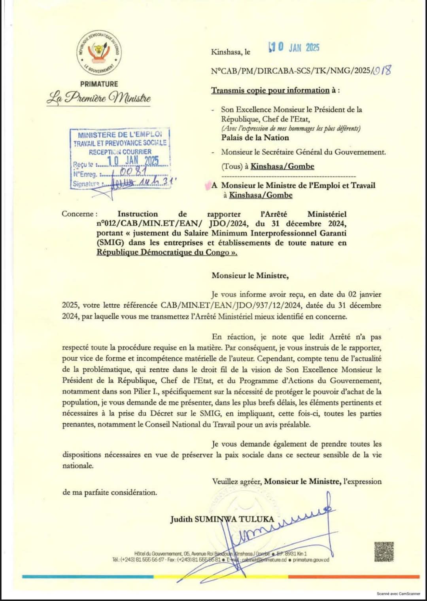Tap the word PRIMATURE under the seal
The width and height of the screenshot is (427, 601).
tap(99, 84)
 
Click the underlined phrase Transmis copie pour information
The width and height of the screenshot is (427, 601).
tap(270, 90)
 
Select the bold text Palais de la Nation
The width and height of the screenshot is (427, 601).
tap(255, 138)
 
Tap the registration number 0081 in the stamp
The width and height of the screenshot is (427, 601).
tap(133, 171)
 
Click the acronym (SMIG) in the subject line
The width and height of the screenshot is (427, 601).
tap(110, 243)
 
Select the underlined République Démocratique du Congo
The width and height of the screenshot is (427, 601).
tap(166, 252)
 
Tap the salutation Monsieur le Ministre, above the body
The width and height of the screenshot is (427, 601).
tap(250, 276)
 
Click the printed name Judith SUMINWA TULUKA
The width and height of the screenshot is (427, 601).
tap(222, 519)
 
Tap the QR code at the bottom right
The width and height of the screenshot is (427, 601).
tap(384, 552)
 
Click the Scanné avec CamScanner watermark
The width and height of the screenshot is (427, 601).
tap(398, 593)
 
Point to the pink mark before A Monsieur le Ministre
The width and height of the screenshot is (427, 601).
tap(208, 184)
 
